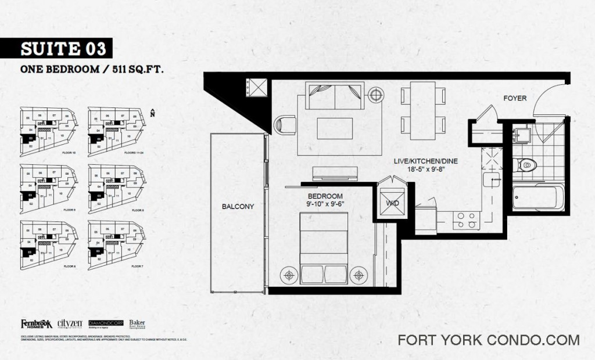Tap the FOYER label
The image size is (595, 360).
(x=515, y=98)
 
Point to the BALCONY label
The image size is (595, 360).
(x=238, y=206)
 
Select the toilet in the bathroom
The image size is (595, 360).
(x=526, y=165)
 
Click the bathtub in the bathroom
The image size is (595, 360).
(x=537, y=197)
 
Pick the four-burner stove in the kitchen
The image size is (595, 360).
(x=466, y=220)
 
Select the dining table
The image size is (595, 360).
(x=422, y=110)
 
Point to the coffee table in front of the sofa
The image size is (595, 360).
(x=335, y=128)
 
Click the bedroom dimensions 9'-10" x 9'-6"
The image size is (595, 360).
(x=325, y=204)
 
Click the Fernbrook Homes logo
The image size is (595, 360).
(x=37, y=324)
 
